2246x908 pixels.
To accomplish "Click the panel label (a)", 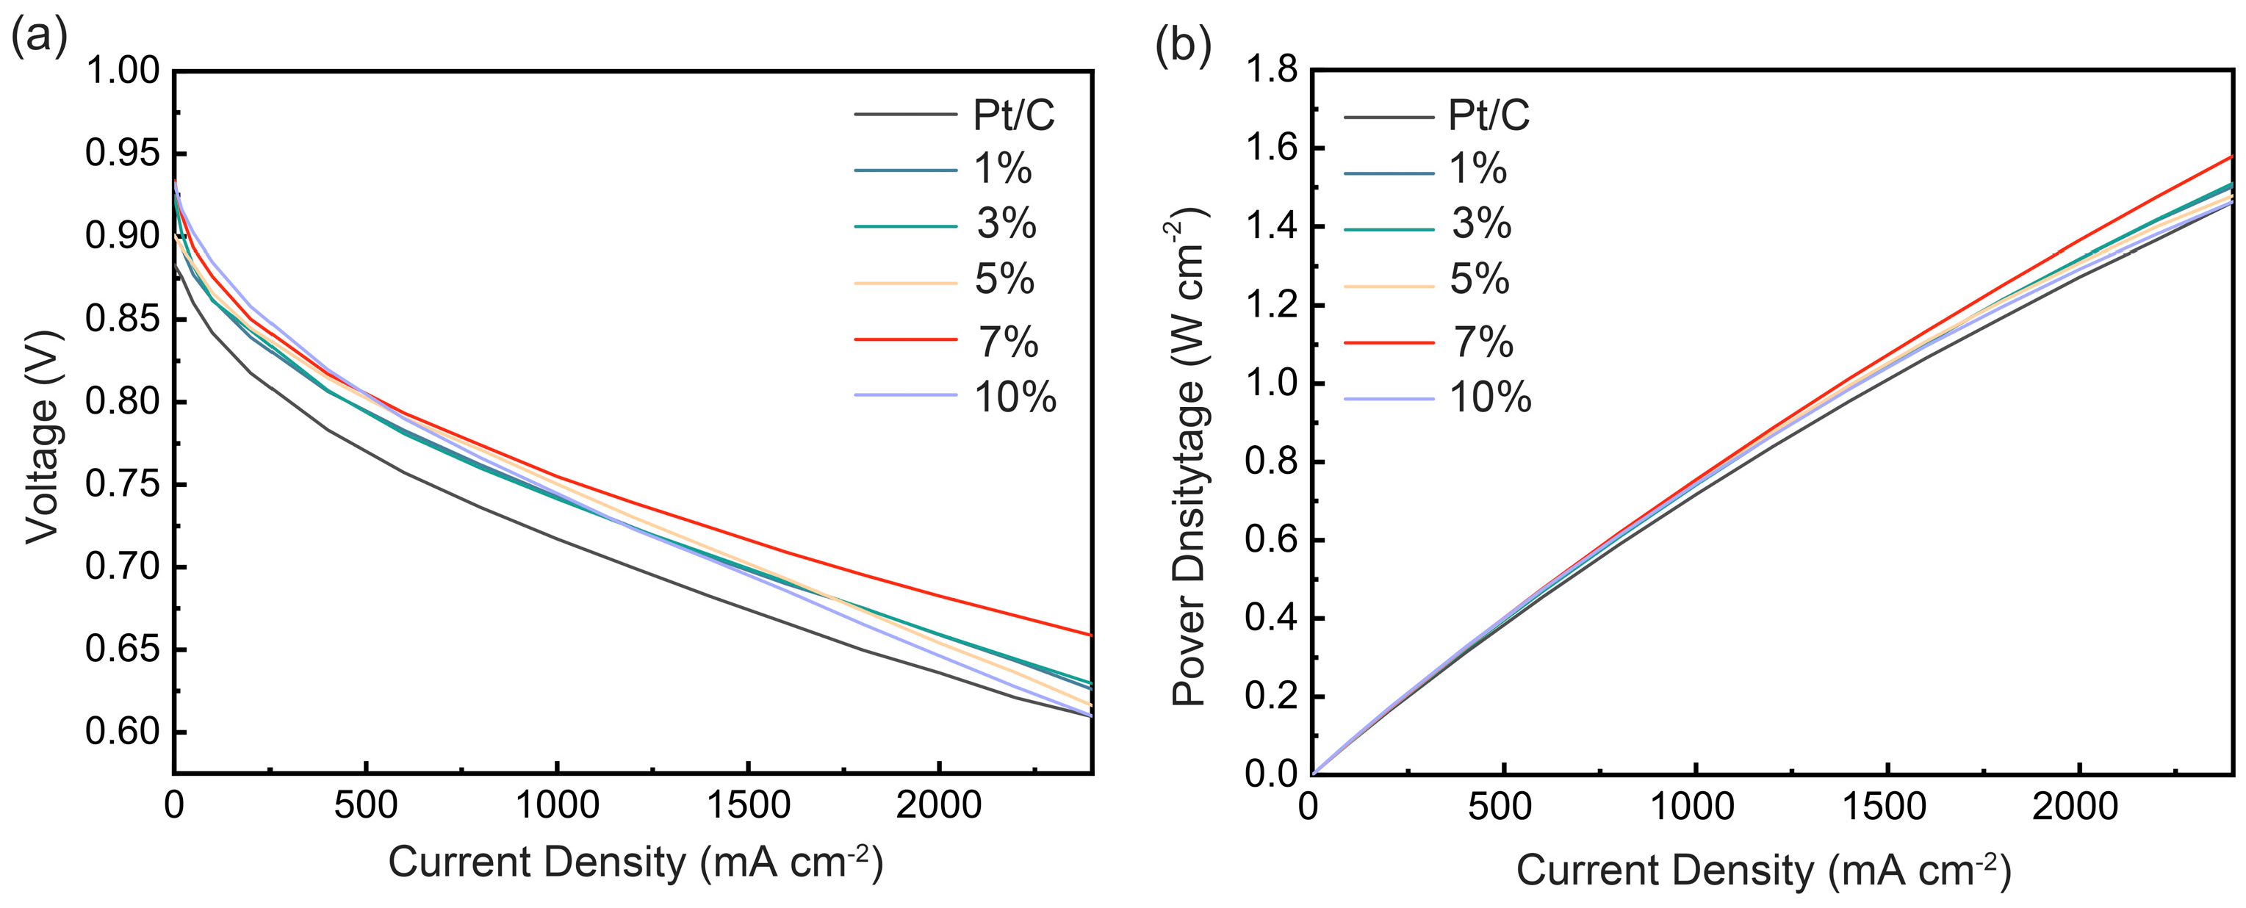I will click(x=38, y=38).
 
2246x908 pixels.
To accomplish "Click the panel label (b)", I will click(x=1182, y=46).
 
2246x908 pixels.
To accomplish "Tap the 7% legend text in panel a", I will click(x=1008, y=342).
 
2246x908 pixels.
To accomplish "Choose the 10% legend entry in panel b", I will click(x=1489, y=398).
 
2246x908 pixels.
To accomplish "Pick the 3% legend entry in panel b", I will click(x=1480, y=224).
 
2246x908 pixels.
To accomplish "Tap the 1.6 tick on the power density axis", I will click(x=1271, y=148).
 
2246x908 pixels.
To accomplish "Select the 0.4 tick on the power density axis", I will click(x=1271, y=619).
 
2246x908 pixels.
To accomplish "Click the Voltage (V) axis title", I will click(x=42, y=436).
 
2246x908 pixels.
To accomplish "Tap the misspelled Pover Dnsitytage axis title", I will click(x=1187, y=458).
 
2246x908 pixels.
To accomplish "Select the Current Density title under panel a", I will click(x=635, y=862).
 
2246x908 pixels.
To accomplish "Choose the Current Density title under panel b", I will click(x=1763, y=871).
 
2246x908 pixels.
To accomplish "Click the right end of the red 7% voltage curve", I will click(x=1090, y=635).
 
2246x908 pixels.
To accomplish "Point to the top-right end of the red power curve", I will click(x=2231, y=158).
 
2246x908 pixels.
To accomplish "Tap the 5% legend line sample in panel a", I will click(x=905, y=284).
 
